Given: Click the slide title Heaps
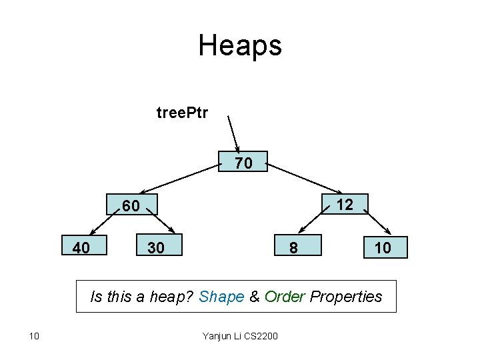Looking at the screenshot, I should pyautogui.click(x=240, y=45).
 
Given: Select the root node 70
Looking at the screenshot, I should pyautogui.click(x=243, y=162).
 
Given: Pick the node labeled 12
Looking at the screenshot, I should pyautogui.click(x=345, y=204).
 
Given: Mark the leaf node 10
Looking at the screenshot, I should pyautogui.click(x=383, y=248).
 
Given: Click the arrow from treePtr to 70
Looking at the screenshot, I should pyautogui.click(x=234, y=135).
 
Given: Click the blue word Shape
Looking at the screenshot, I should pyautogui.click(x=222, y=297).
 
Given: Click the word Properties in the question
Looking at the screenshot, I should pyautogui.click(x=347, y=297).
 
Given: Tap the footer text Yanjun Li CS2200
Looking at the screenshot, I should pyautogui.click(x=240, y=335).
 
